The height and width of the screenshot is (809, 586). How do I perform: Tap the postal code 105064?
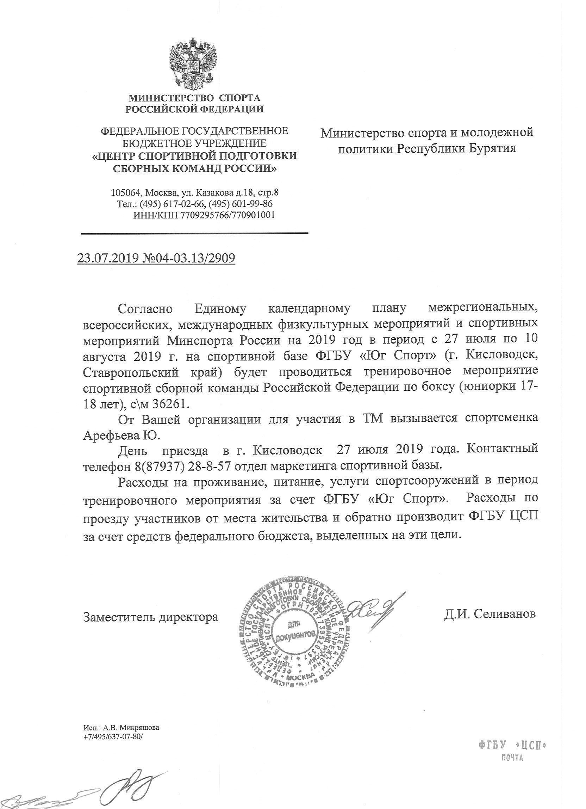click(x=126, y=193)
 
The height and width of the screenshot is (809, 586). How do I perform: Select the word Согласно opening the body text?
click(x=145, y=309)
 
